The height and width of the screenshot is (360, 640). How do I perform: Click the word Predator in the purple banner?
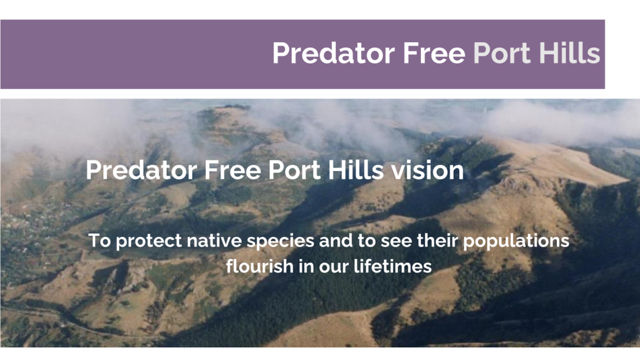click(333, 53)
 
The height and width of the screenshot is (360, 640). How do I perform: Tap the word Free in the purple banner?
click(434, 53)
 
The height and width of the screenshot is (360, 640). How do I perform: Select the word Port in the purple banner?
click(502, 53)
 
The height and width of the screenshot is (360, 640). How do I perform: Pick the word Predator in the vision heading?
click(142, 170)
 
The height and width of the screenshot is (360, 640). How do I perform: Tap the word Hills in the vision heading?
click(356, 170)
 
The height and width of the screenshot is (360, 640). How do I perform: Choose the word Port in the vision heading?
click(295, 170)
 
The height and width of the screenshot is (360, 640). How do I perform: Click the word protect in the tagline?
click(149, 241)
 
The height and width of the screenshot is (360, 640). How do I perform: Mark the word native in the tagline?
click(214, 240)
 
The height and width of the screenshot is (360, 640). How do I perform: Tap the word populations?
click(516, 241)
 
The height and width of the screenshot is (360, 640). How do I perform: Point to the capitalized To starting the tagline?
click(100, 240)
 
